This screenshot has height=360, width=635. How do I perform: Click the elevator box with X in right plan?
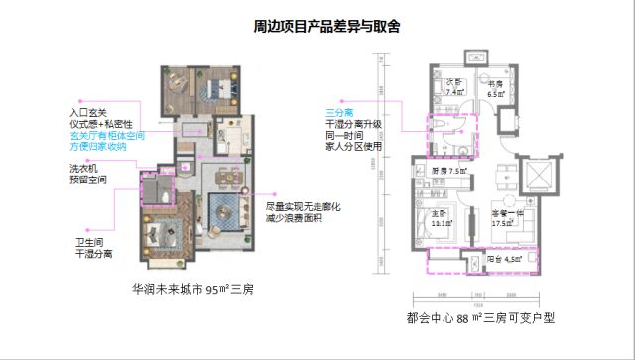coord(539,175)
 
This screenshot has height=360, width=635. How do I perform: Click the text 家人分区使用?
coord(355,148)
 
